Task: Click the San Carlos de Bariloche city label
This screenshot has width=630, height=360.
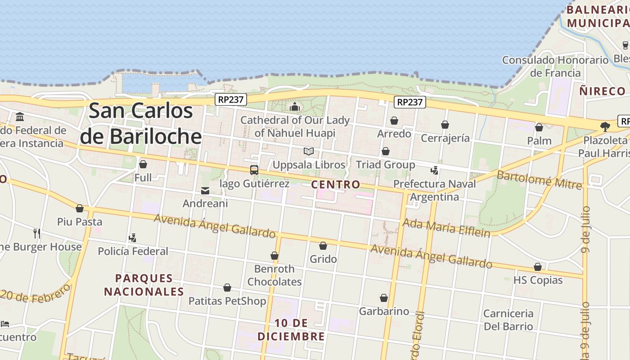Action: (141, 123)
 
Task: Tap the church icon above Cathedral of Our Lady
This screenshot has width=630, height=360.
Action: (295, 107)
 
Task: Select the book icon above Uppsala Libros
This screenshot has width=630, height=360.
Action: (309, 151)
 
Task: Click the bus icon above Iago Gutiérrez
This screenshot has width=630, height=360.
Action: (254, 170)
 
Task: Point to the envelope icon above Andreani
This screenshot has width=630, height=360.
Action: (205, 191)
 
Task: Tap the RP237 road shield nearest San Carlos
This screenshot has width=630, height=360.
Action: (230, 99)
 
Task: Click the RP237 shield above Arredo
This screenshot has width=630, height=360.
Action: (409, 102)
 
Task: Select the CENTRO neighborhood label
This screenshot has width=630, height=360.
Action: (336, 184)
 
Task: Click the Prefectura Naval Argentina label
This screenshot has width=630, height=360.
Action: (434, 190)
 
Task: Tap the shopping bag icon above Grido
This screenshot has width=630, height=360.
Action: (323, 246)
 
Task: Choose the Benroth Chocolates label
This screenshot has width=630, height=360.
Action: (274, 275)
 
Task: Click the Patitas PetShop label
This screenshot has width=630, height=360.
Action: (227, 301)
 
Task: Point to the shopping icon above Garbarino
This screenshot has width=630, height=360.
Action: (384, 298)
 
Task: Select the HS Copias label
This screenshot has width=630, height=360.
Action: (538, 280)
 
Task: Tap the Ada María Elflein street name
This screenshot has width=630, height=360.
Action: (446, 227)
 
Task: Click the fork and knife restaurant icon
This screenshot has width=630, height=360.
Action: (37, 233)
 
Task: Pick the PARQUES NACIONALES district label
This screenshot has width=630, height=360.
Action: (144, 285)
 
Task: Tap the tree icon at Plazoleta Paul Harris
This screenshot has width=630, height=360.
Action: (605, 126)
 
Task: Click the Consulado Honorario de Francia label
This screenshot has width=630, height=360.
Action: (555, 66)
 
